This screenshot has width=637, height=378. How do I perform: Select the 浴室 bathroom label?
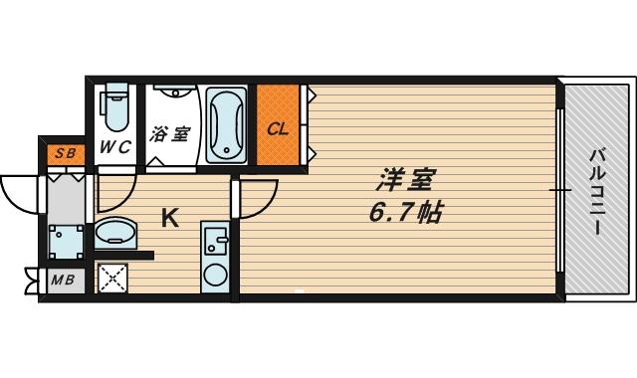[170, 133]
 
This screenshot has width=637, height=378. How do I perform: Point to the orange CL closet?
[278, 127]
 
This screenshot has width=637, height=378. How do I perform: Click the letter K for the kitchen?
[170, 218]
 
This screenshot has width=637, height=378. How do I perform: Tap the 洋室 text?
[405, 182]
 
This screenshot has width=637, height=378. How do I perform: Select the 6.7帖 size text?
[405, 212]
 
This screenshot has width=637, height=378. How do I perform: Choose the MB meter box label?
[64, 280]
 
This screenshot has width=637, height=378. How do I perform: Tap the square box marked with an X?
[112, 278]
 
